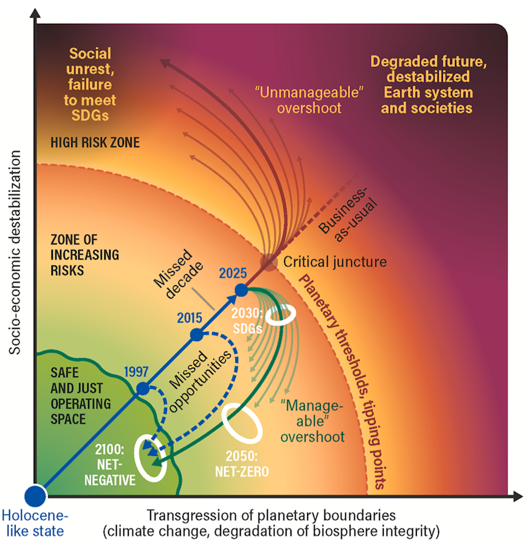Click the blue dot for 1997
143,388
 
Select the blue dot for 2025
242,290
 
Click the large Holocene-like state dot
35,495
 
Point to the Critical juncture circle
270,261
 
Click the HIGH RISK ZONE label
95,142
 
